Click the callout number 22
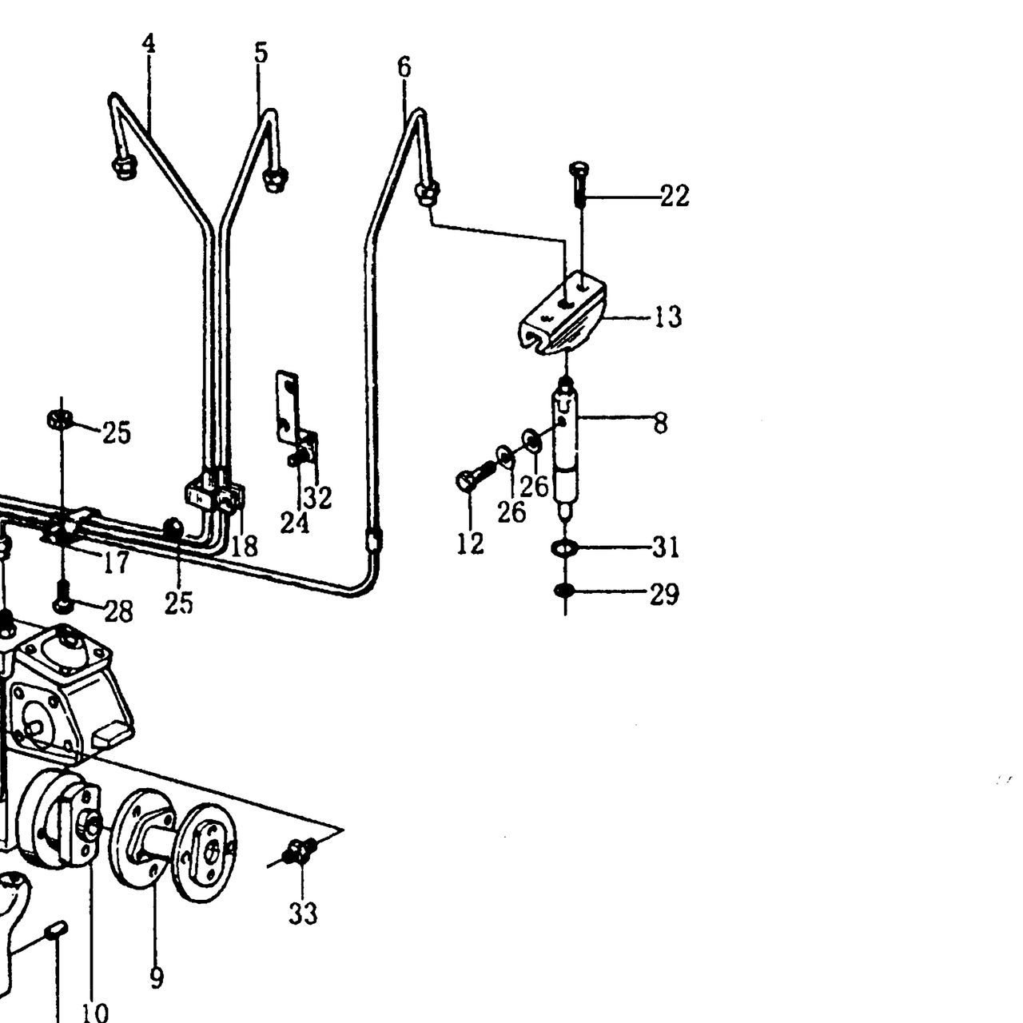675,196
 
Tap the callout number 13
668,317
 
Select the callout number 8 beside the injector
660,423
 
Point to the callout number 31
666,547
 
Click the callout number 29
665,594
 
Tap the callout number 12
471,543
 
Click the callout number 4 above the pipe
149,43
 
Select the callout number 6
404,67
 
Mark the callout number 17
116,563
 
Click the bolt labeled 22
579,185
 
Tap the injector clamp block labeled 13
563,314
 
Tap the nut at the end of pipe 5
276,180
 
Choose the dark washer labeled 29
565,590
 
